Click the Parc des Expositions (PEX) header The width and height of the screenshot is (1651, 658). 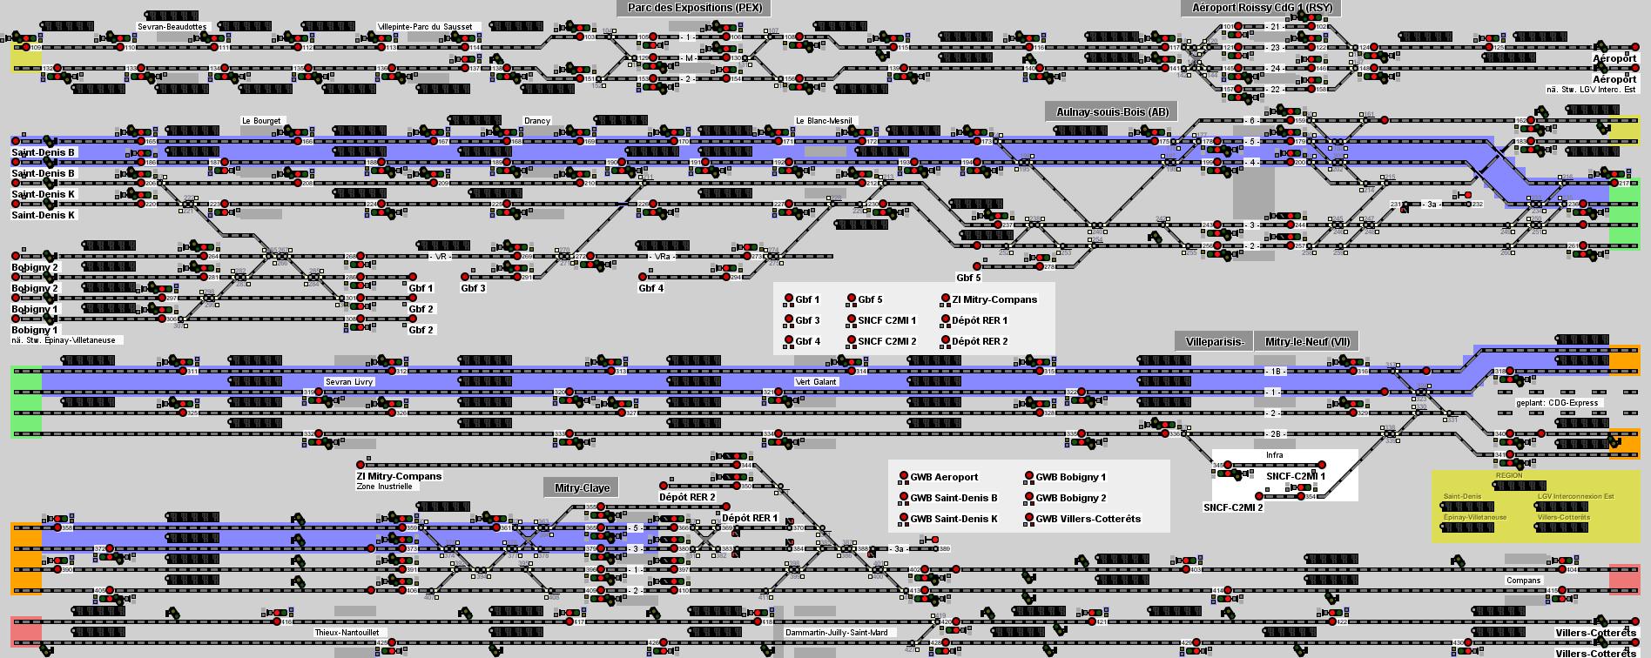pos(694,8)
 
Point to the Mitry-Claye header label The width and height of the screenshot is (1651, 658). pos(582,488)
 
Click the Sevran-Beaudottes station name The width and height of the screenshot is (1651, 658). pos(172,27)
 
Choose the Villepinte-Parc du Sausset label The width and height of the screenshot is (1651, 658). pos(425,27)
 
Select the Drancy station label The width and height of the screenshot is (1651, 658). pos(537,121)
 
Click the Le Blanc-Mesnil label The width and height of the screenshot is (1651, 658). pos(824,121)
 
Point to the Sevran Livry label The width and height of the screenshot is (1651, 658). pos(349,382)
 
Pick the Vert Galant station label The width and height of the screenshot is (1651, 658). pos(816,382)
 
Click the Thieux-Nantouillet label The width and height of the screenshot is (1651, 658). pos(347,633)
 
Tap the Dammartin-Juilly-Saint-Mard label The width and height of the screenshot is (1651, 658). pos(836,633)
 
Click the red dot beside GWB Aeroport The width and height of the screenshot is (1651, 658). pos(904,477)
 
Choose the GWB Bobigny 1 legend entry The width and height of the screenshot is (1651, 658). pos(1070,477)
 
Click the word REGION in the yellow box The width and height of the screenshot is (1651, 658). pos(1509,475)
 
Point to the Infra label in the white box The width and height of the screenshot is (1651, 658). pos(1274,455)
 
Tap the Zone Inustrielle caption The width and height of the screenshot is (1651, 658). pos(384,487)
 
